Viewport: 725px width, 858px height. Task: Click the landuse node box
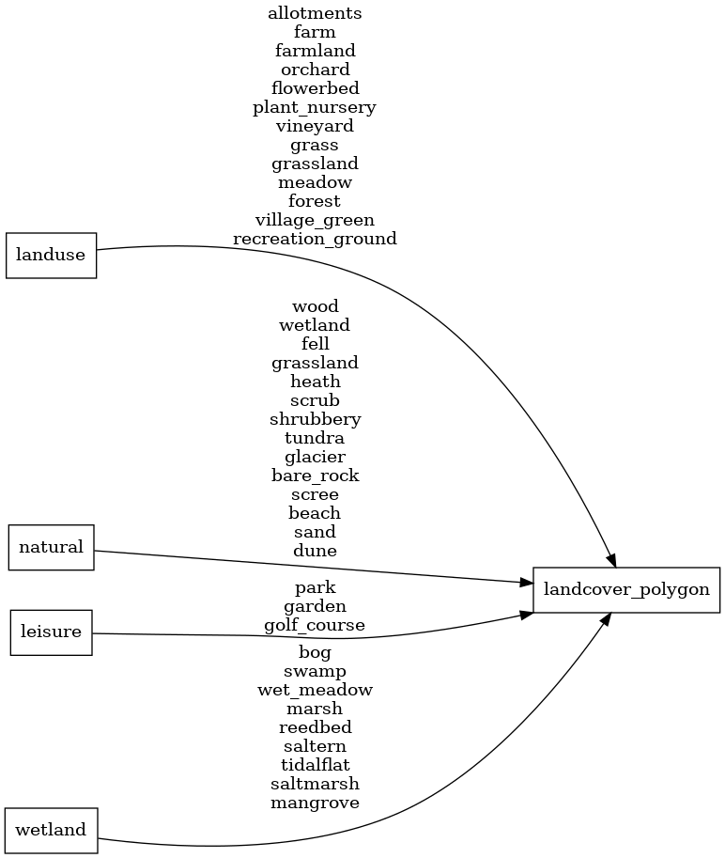tap(52, 256)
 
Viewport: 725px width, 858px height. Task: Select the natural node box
tap(52, 547)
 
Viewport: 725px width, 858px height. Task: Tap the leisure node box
tap(52, 632)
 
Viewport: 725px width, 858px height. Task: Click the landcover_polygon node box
tap(626, 590)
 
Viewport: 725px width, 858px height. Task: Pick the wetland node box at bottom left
tap(52, 830)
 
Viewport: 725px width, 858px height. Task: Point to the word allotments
tap(315, 13)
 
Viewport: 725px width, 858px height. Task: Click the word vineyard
tap(315, 126)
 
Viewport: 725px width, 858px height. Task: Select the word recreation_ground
tap(315, 239)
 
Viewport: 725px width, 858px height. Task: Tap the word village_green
tap(315, 220)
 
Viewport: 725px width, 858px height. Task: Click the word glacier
tap(315, 457)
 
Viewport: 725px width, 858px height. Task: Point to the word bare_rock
tap(315, 476)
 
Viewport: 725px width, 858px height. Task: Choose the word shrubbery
tap(315, 419)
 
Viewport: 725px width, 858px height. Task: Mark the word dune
tap(315, 551)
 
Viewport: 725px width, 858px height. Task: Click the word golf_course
tap(315, 625)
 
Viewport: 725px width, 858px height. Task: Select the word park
tap(315, 588)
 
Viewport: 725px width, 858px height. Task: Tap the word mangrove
tap(315, 803)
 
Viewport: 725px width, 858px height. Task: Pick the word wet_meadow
tap(315, 690)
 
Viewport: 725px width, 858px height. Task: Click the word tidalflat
tap(315, 765)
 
